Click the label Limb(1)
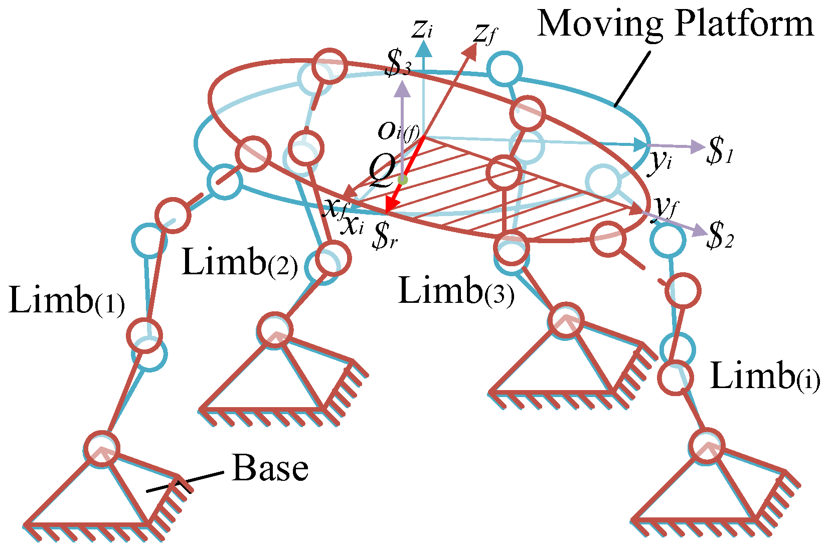pyautogui.click(x=67, y=300)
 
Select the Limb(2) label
pyautogui.click(x=240, y=262)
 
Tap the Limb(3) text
pyautogui.click(x=456, y=291)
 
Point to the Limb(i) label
pyautogui.click(x=765, y=376)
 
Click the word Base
pyautogui.click(x=270, y=468)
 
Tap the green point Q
pyautogui.click(x=403, y=180)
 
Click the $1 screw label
pyautogui.click(x=720, y=150)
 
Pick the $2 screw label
pyautogui.click(x=720, y=236)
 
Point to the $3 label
pyautogui.click(x=398, y=63)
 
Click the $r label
pyautogui.click(x=385, y=236)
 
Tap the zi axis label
pyautogui.click(x=423, y=30)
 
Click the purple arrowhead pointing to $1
pyautogui.click(x=697, y=147)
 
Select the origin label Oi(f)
pyautogui.click(x=399, y=131)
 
